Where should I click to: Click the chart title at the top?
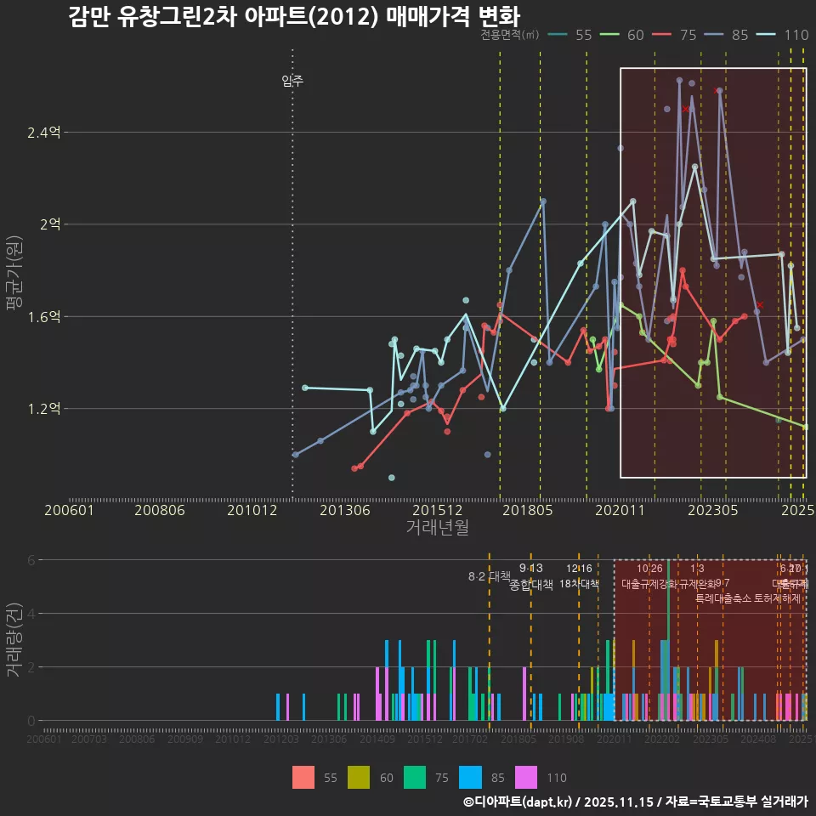point(293,16)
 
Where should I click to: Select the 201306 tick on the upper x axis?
point(344,510)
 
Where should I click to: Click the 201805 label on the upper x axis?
point(528,510)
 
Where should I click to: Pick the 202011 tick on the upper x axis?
point(620,510)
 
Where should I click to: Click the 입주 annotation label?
point(292,82)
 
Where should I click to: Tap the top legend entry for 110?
point(785,35)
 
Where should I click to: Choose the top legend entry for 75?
point(677,35)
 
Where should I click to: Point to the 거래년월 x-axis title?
point(437,528)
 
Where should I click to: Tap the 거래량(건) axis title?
point(14,640)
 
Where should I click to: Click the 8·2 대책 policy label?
point(489,576)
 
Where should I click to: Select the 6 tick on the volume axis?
point(32,560)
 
